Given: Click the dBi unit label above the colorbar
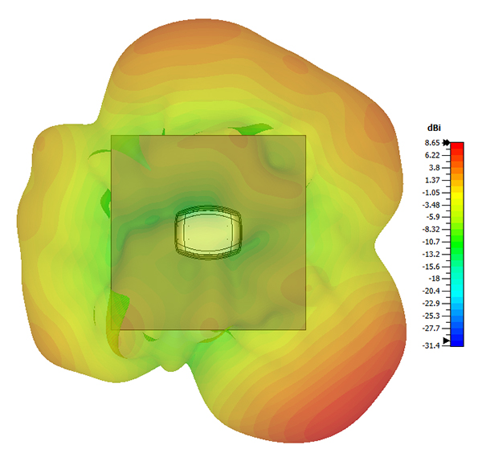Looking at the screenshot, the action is pos(434,128).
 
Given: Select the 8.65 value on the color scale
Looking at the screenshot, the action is pos(433,143).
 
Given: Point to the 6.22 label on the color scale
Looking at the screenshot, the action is pos(433,155).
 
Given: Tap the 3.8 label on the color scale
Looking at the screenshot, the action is pos(435,168).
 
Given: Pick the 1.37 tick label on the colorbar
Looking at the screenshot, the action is pos(433,180).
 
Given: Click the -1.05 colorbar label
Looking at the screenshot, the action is pos(431,193).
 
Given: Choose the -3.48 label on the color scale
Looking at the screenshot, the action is pos(431,205).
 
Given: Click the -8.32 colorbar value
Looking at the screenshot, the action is pos(431,230).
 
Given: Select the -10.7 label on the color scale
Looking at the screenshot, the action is pos(431,242).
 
